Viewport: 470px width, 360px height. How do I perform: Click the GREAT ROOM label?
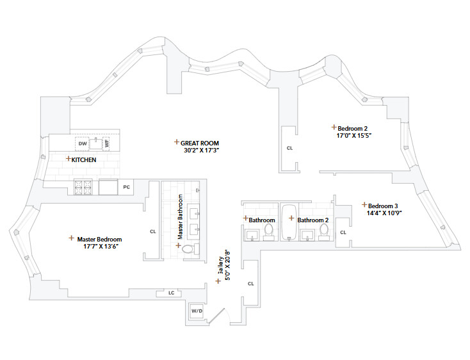(x=200, y=143)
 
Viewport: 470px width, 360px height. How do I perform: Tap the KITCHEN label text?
(x=84, y=160)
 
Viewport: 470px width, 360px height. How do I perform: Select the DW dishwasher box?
(x=83, y=143)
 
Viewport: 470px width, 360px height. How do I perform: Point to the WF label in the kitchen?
(x=107, y=143)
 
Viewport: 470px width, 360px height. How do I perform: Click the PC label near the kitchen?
(x=127, y=187)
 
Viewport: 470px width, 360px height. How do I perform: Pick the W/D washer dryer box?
(x=197, y=311)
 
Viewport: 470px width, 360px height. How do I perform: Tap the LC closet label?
(x=171, y=293)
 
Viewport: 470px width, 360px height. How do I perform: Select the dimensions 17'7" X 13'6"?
(x=101, y=247)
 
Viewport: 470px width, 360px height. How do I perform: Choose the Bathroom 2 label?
(x=312, y=220)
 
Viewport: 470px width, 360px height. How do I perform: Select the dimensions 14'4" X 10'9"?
(x=384, y=213)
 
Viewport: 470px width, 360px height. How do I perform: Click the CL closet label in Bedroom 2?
(x=289, y=147)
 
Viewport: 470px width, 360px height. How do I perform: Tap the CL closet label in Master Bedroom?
(x=152, y=231)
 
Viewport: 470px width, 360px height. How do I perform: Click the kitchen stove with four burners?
(x=84, y=188)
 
